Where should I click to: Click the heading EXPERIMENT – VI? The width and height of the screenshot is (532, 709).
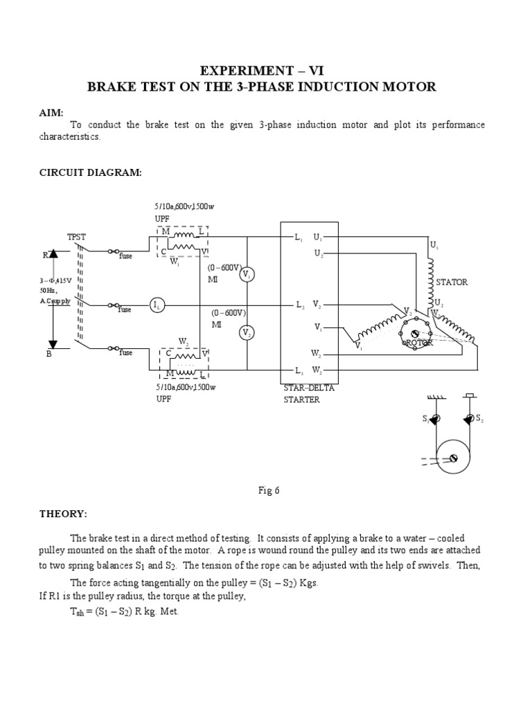coord(261,71)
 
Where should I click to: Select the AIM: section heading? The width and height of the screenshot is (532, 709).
coord(51,112)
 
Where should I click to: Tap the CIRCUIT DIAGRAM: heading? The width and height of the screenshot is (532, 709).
coord(90,172)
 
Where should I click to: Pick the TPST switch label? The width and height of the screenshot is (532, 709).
coord(76,237)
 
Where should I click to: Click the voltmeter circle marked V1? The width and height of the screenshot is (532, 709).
coord(247,275)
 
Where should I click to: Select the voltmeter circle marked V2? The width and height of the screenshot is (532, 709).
coord(247,333)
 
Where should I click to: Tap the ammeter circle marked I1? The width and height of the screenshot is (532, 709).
coord(158,305)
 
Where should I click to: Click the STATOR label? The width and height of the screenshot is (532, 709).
coord(452,282)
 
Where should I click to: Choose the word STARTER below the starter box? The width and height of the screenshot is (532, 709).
coord(302,400)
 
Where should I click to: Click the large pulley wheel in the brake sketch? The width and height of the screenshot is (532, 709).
coord(453,458)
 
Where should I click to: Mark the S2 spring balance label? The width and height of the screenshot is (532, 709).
coord(479,420)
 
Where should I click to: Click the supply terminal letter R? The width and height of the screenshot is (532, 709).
coord(46,255)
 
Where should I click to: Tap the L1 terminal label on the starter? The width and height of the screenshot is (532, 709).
coord(299,237)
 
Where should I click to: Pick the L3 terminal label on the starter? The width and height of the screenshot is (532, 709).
coord(299,370)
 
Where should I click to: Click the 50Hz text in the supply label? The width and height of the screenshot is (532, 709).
coord(46,291)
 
